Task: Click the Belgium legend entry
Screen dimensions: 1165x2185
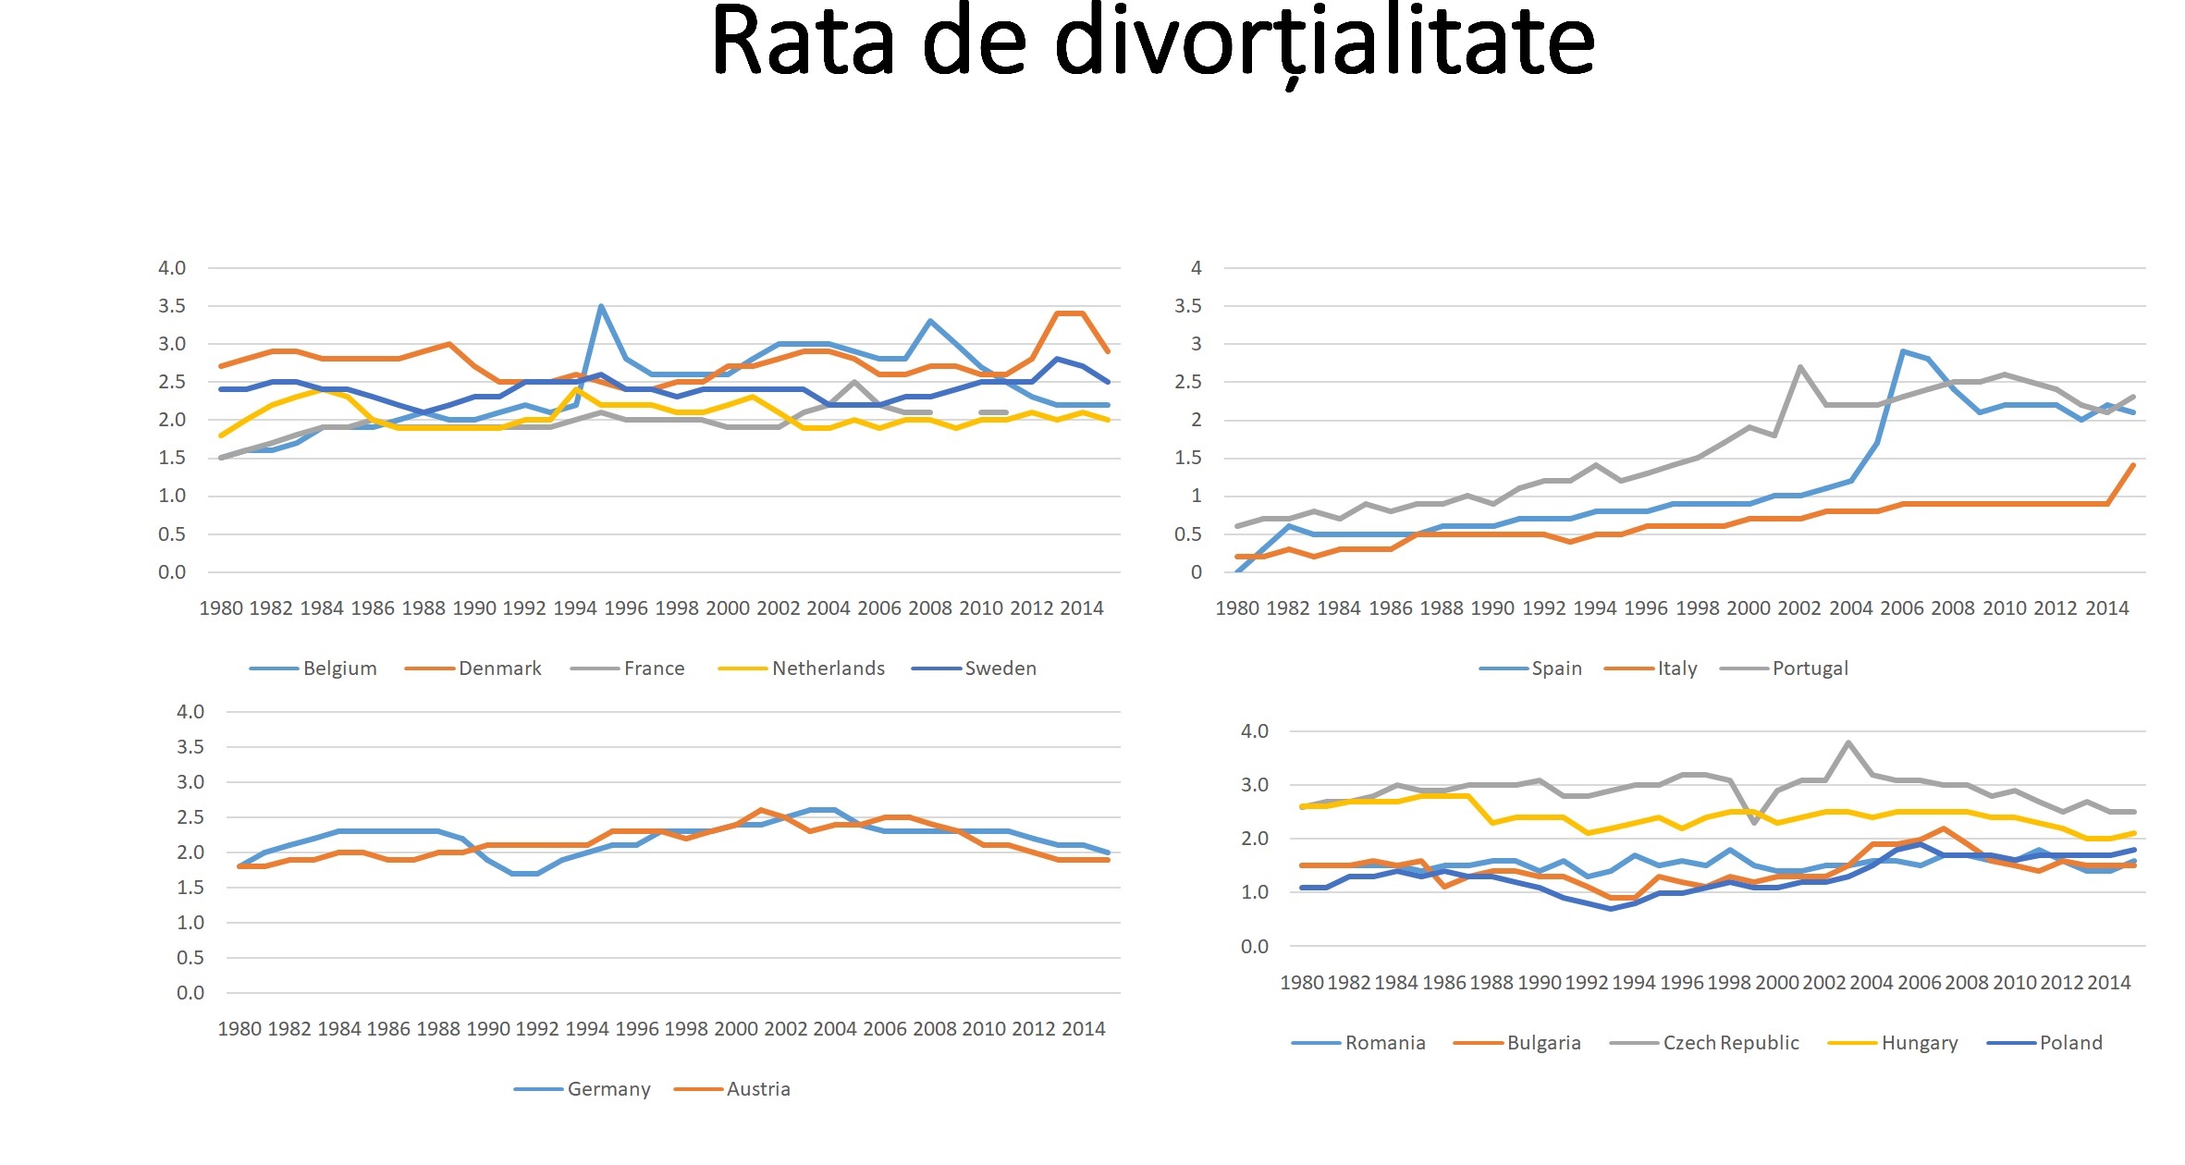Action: coord(338,668)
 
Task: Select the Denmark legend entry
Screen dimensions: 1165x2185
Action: coord(499,668)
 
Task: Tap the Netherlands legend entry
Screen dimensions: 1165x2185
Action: coord(828,668)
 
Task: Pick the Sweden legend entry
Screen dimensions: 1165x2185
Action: coord(1000,668)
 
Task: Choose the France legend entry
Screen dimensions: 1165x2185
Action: coord(654,668)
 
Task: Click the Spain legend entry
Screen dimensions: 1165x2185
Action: coord(1556,668)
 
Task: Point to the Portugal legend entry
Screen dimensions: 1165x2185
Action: coord(1810,668)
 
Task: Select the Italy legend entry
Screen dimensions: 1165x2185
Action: coord(1676,668)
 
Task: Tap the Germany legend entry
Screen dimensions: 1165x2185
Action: coord(608,1089)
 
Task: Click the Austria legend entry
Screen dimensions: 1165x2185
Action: coord(758,1089)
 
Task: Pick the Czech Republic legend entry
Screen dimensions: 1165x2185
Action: coord(1730,1043)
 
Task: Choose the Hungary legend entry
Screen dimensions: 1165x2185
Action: coord(1919,1043)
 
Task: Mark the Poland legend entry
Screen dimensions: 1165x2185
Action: coord(2070,1043)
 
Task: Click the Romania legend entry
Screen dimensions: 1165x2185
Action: coord(1384,1043)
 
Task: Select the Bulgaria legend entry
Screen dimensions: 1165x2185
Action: coord(1543,1043)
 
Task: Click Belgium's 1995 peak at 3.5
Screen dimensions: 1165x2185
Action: coord(601,306)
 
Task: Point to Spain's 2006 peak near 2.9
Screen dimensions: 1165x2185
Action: coord(1902,351)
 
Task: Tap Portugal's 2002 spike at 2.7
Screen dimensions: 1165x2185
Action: coord(1800,367)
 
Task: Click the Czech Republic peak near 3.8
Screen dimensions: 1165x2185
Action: coord(1847,742)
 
